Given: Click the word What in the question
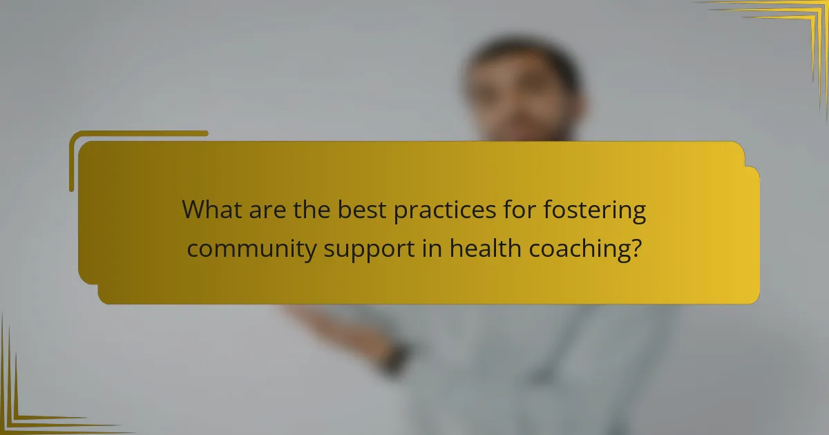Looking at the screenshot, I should pos(211,211).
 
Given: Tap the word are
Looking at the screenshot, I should pos(266,211).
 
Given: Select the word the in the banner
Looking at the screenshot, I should pos(312,211).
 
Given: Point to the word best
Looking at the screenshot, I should pos(362,211).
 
